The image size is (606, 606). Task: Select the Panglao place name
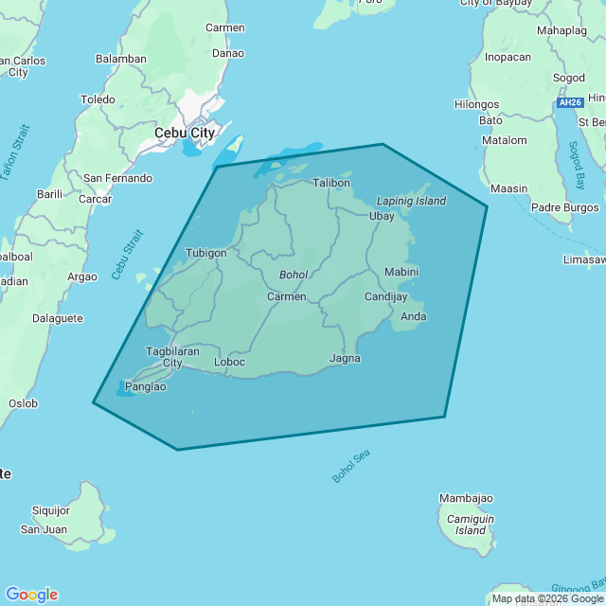[x=146, y=386]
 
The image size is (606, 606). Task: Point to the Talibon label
[x=331, y=183]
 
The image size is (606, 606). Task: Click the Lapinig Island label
[x=411, y=201]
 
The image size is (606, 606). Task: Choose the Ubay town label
[x=382, y=216]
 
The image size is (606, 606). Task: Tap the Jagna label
[x=345, y=358]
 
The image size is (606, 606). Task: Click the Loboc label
[x=230, y=362]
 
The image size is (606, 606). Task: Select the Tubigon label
[x=206, y=253]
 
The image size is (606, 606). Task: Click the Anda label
[x=414, y=316]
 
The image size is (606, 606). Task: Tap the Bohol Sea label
[x=351, y=466]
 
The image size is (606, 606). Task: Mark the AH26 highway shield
[x=569, y=102]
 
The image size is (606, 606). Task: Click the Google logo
[x=31, y=594]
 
